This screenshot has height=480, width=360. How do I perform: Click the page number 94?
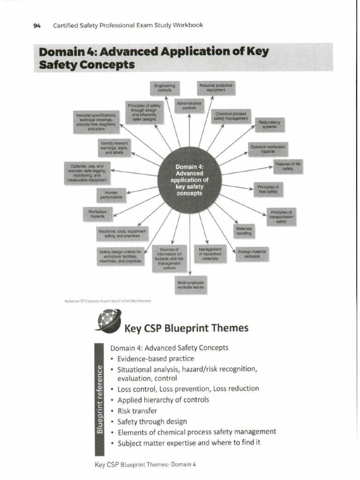pos(37,25)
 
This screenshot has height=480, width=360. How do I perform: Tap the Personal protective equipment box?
pos(216,88)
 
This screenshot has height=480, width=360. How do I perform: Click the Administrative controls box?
pos(189,105)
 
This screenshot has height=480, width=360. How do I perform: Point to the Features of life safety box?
pos(287,166)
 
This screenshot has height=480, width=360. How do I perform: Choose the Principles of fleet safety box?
pos(268,189)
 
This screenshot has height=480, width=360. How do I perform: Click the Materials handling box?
pos(244,230)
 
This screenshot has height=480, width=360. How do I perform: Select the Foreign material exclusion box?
pos(252,254)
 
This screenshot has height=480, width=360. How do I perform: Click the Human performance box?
pos(112,195)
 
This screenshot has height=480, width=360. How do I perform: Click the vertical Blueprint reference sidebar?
pos(99,398)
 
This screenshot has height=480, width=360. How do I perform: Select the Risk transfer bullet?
pos(137,411)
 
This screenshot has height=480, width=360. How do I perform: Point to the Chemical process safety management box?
pos(231,116)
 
